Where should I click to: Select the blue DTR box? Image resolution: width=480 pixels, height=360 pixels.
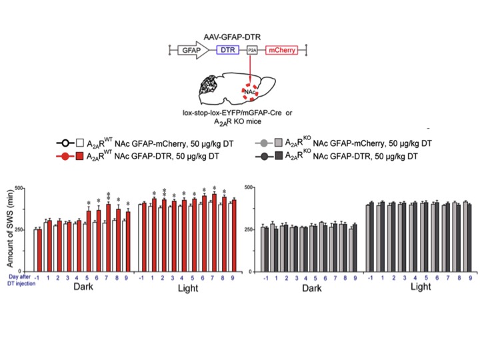coord(231,50)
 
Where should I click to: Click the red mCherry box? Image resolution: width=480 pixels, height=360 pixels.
coord(283,50)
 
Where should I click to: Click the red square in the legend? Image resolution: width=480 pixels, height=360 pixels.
coord(82,157)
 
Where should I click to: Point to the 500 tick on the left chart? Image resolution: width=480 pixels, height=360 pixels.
coord(21,187)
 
